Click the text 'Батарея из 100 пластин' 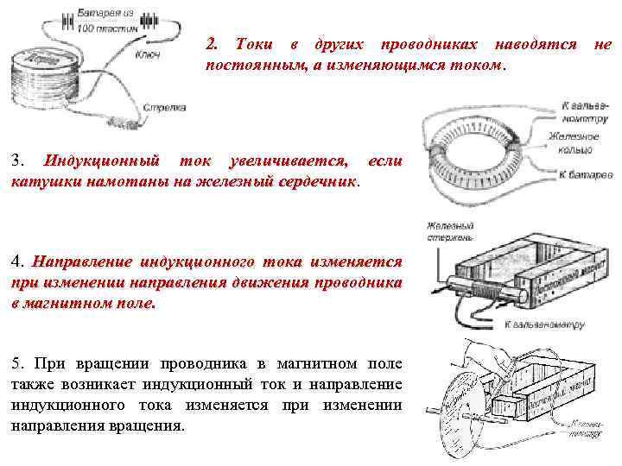click(x=105, y=22)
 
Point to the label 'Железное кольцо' click(x=573, y=143)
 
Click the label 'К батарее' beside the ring click(x=586, y=174)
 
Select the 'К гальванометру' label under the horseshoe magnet click(x=544, y=325)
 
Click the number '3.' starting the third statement click(x=18, y=161)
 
